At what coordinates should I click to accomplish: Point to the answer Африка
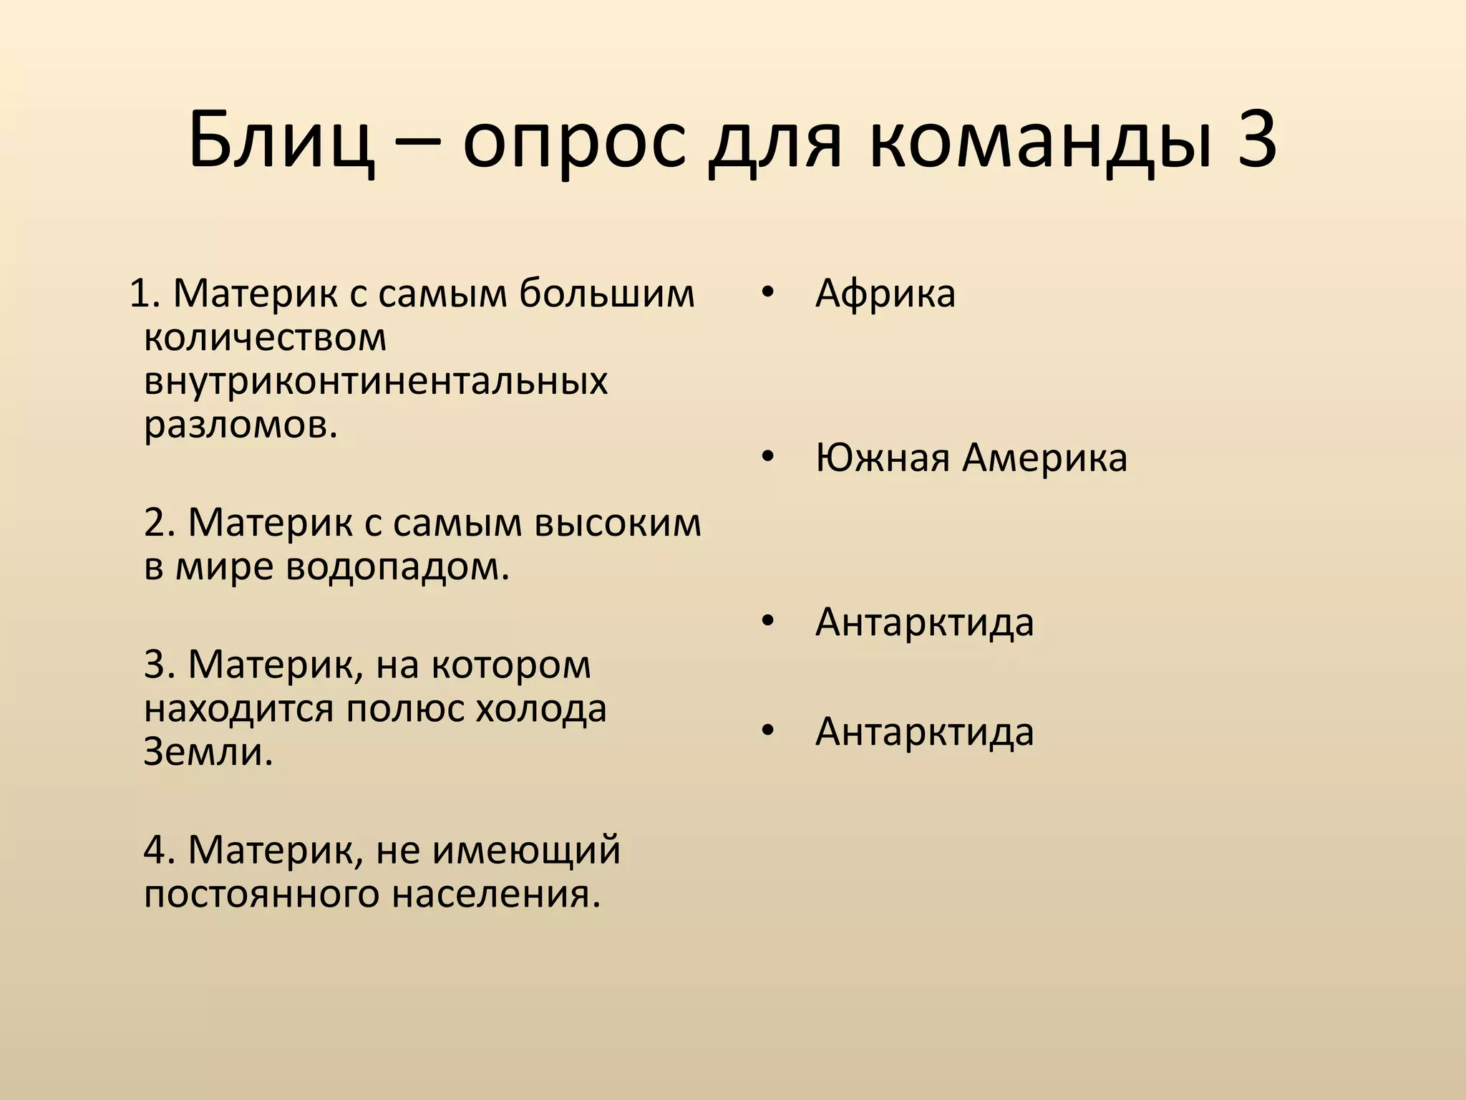click(x=885, y=294)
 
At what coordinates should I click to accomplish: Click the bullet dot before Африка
click(x=768, y=292)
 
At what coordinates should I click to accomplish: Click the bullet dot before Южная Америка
click(x=768, y=457)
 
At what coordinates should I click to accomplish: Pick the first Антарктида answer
click(x=924, y=622)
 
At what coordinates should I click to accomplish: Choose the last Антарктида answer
click(x=924, y=731)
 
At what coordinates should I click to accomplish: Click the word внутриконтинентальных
click(x=376, y=381)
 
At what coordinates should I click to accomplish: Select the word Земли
click(x=208, y=752)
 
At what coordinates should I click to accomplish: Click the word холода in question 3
click(x=541, y=709)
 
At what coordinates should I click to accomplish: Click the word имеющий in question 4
click(x=527, y=851)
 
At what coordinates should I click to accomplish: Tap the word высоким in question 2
click(x=618, y=523)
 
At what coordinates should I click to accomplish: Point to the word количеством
click(x=265, y=337)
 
